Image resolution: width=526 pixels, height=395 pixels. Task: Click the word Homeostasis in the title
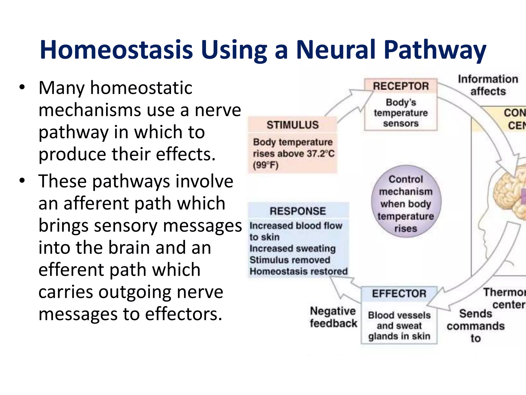click(x=116, y=50)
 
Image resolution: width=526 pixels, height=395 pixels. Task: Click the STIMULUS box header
click(x=293, y=125)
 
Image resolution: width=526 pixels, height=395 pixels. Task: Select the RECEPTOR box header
click(x=401, y=86)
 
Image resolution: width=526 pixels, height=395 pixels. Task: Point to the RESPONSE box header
click(x=298, y=211)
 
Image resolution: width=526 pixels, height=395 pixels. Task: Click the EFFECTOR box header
click(x=399, y=294)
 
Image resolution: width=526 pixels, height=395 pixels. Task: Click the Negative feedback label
click(x=333, y=317)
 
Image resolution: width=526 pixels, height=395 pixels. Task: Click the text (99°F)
click(x=266, y=165)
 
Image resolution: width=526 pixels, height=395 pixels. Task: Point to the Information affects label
click(x=488, y=85)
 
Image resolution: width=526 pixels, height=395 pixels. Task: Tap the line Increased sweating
click(x=293, y=248)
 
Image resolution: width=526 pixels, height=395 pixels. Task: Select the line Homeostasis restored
click(x=298, y=271)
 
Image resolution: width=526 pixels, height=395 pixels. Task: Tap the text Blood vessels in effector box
click(x=399, y=315)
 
